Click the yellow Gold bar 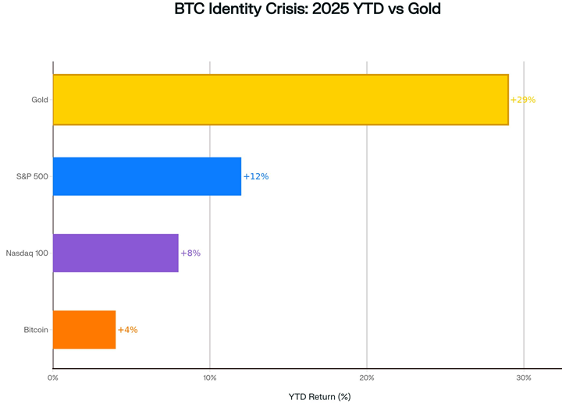tap(280, 100)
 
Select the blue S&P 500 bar tap(147, 176)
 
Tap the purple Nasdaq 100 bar tap(116, 253)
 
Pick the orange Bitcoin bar tap(84, 329)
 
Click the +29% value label tap(523, 100)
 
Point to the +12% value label tap(256, 176)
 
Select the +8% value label tap(190, 253)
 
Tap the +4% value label tap(127, 329)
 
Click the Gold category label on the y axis tap(39, 100)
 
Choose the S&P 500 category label tap(32, 176)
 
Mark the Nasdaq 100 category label tap(27, 253)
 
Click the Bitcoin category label tap(36, 329)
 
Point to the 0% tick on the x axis tap(53, 377)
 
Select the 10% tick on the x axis tap(210, 377)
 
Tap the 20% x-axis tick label tap(367, 377)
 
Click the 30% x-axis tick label tap(524, 377)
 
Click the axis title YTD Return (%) tap(319, 396)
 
